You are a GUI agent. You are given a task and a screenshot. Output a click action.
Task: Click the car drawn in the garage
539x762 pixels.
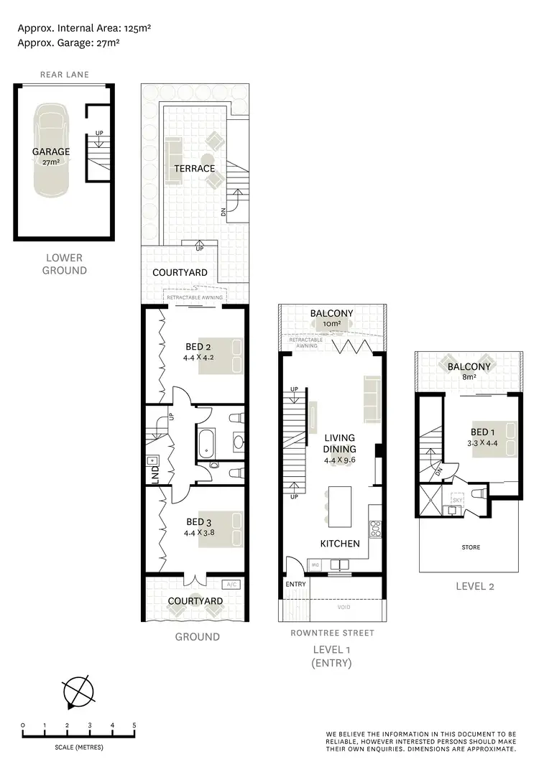point(51,151)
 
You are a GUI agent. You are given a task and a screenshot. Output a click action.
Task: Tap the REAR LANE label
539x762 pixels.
point(63,73)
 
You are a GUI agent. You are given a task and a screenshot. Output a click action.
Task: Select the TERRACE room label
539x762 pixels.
point(194,169)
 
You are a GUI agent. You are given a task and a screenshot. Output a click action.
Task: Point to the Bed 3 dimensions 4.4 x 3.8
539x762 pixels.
point(199,533)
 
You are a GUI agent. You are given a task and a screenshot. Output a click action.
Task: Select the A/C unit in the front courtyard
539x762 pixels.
point(231,585)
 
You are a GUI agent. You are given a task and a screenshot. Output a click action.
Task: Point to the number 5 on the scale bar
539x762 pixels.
point(134,724)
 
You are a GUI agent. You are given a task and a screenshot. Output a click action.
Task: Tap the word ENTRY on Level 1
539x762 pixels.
point(295,584)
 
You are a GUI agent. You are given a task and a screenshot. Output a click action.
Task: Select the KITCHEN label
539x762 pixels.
point(340,544)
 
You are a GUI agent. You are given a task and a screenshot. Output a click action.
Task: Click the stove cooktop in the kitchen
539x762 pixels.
point(374,529)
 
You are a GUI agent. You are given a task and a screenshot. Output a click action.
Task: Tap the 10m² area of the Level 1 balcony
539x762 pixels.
point(331,325)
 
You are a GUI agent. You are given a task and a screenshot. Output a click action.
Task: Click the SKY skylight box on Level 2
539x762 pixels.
point(456,498)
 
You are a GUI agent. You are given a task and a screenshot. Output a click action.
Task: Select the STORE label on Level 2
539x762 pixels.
point(470,547)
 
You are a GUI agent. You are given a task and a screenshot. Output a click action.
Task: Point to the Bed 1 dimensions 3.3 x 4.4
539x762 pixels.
point(482,442)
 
